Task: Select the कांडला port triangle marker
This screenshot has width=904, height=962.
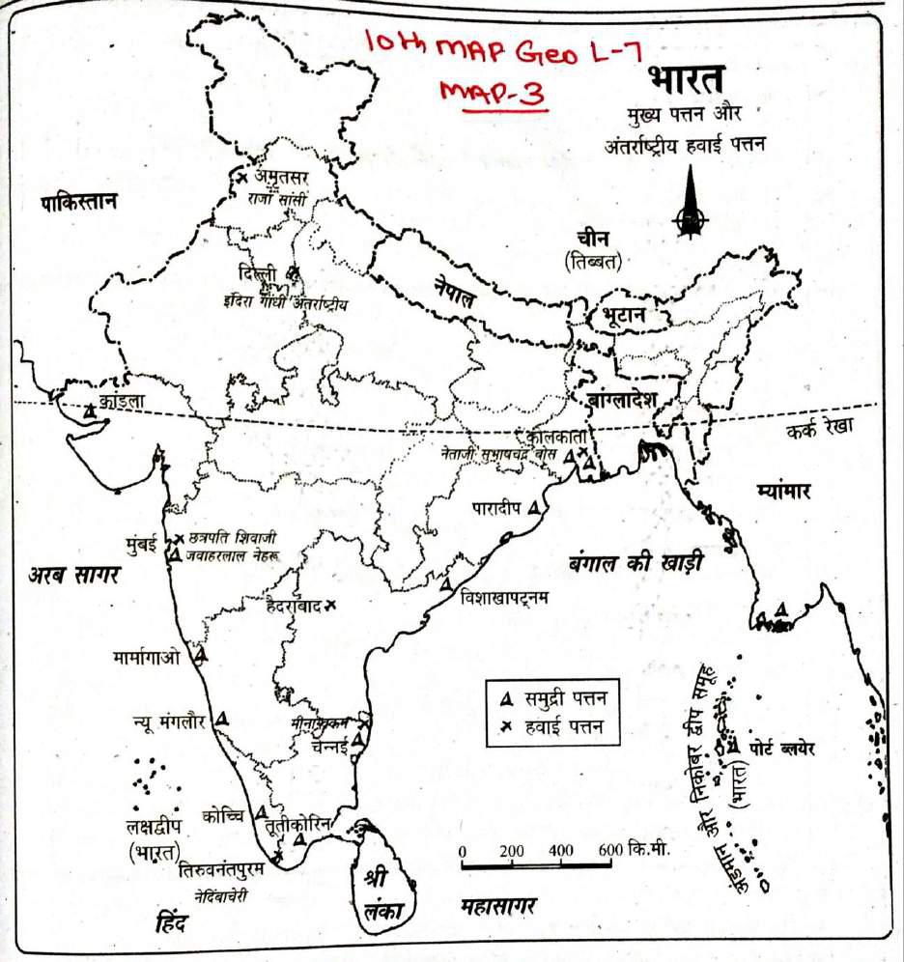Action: tap(90, 410)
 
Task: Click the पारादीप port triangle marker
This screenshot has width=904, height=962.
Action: tap(533, 506)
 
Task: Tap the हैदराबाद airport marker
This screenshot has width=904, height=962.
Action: tap(330, 606)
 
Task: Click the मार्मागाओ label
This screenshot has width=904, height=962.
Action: tap(146, 658)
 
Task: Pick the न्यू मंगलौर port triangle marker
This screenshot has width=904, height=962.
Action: tap(223, 718)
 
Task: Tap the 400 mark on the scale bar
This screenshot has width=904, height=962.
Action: tap(559, 851)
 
